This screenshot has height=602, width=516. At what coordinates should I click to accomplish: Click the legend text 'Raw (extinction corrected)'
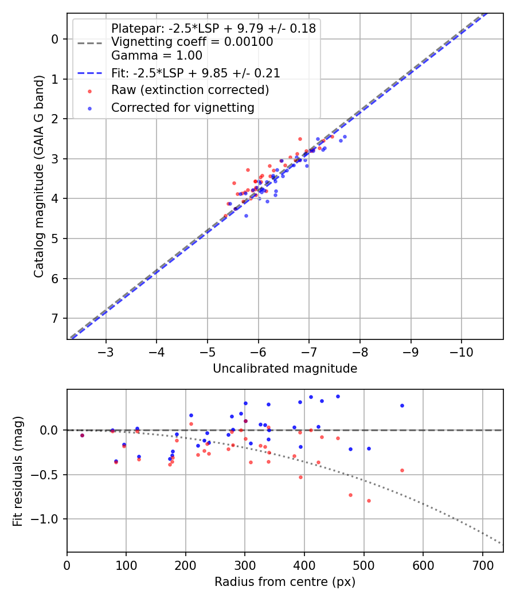190,90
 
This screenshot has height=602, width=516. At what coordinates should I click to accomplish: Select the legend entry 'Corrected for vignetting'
183,107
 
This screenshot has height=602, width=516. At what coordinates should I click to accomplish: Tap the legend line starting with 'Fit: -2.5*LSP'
196,73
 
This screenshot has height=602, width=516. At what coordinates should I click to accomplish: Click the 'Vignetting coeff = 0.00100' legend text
192,42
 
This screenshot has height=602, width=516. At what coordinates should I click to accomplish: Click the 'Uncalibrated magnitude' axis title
285,369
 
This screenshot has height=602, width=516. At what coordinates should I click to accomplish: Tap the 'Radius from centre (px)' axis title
285,582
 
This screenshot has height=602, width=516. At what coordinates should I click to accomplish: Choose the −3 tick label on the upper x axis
106,351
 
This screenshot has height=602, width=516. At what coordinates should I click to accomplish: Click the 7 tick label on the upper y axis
55,318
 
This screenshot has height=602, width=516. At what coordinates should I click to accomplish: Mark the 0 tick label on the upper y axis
55,39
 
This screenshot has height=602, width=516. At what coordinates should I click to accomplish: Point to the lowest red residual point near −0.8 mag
369,501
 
